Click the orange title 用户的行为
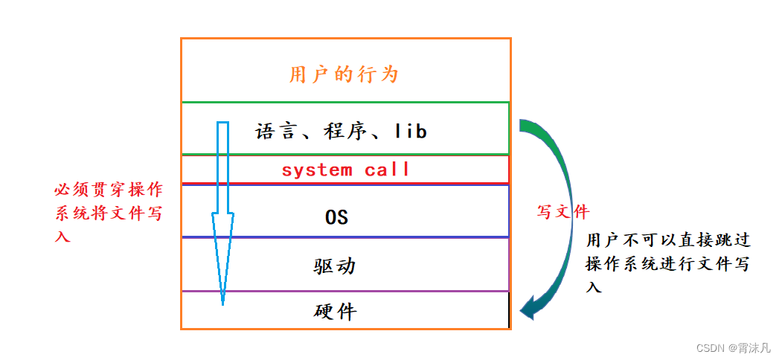pyautogui.click(x=344, y=74)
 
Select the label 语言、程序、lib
pyautogui.click(x=342, y=132)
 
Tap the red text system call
pyautogui.click(x=345, y=170)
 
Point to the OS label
pyautogui.click(x=336, y=217)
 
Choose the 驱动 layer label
pyautogui.click(x=334, y=266)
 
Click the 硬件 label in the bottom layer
pyautogui.click(x=336, y=311)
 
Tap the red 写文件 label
pyautogui.click(x=563, y=212)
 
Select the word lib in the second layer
pyautogui.click(x=410, y=132)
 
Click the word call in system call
pyautogui.click(x=387, y=170)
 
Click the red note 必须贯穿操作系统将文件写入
pyautogui.click(x=109, y=213)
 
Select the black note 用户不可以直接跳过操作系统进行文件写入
pyautogui.click(x=667, y=263)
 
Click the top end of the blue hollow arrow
pyautogui.click(x=222, y=124)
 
